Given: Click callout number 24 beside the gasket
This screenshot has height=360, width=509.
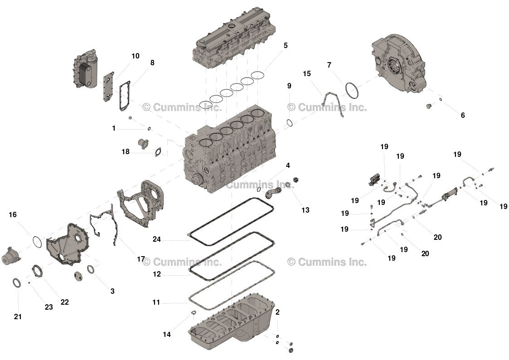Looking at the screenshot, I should pos(156,239).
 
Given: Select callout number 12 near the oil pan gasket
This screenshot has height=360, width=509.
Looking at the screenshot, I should pos(157,274).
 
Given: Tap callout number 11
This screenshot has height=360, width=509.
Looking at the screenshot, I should pos(156,302).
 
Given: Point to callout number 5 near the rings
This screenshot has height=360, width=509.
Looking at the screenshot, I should pos(286,46).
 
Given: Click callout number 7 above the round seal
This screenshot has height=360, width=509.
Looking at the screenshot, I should pos(329,65).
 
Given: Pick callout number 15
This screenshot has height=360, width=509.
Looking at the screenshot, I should pos(307,73).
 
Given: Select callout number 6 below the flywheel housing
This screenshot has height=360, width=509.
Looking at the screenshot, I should pos(463,116).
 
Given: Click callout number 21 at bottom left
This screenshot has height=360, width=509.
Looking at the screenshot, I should pos(18,317).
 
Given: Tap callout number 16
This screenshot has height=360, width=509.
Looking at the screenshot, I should pos(13,214).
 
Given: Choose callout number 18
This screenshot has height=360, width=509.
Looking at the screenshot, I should pos(126,152).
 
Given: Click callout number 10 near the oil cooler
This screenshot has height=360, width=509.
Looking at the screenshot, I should pos(136,56).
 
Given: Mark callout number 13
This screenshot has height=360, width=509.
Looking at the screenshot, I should pos(305,210).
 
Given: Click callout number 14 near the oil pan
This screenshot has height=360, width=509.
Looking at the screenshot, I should pos(167,335).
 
